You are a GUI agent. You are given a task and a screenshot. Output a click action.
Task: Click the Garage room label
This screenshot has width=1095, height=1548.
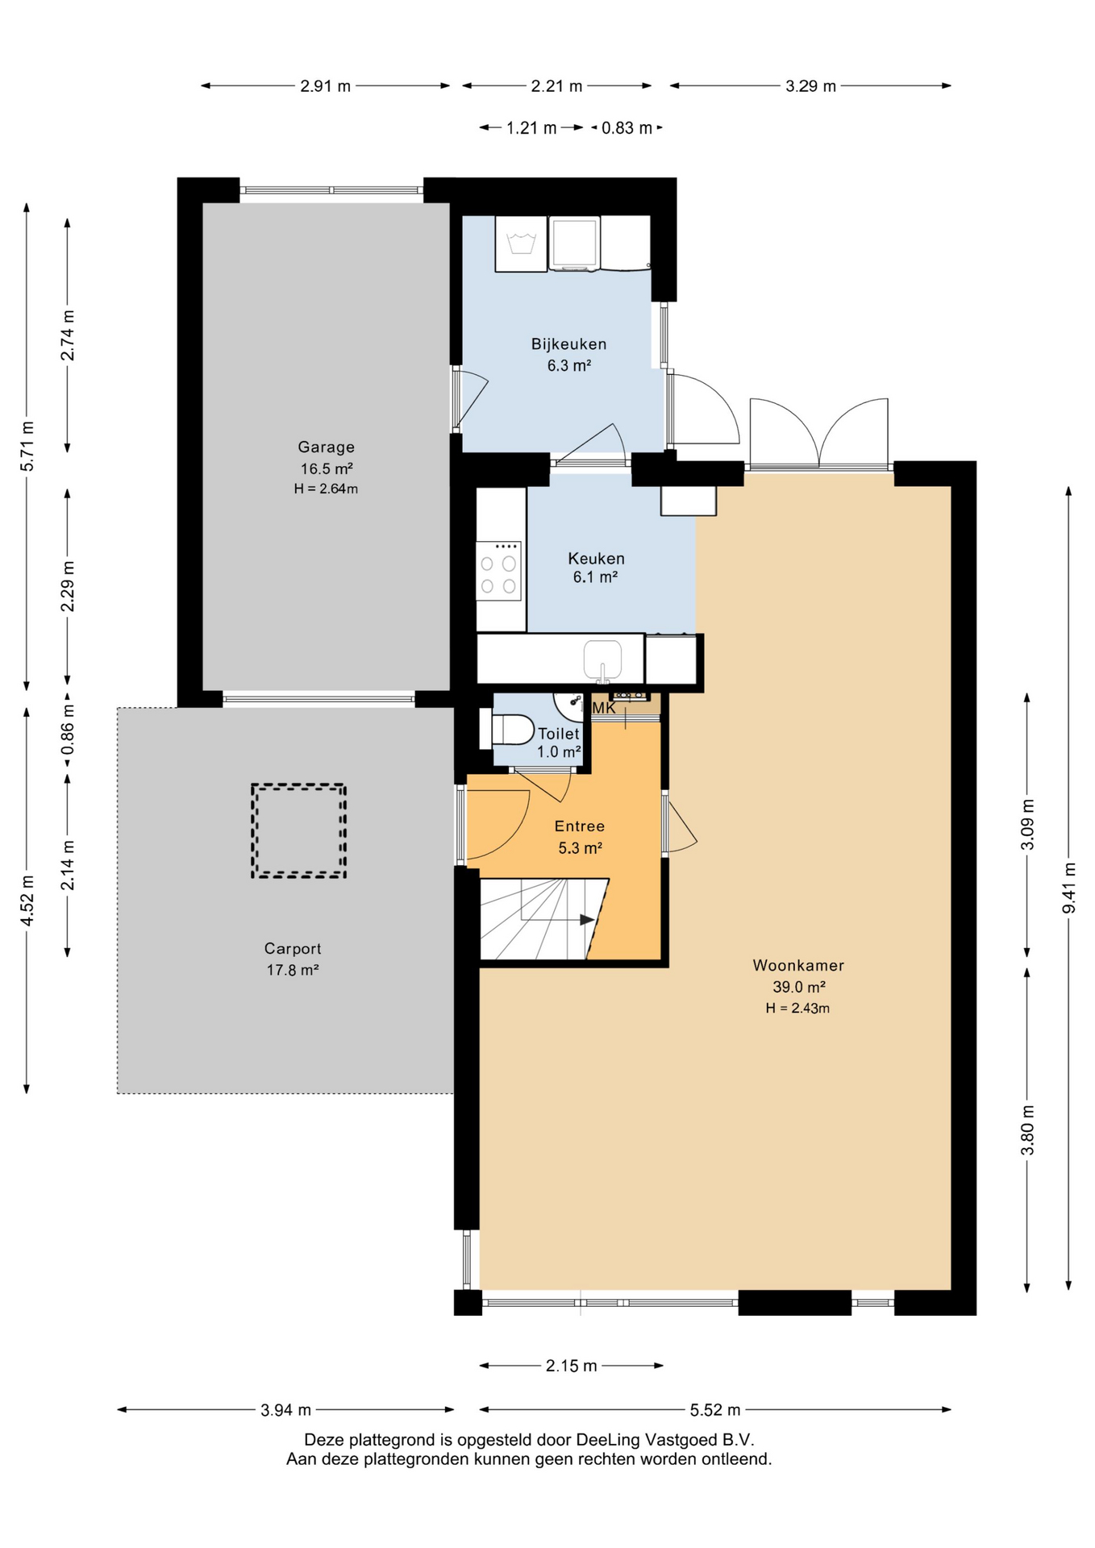point(326,447)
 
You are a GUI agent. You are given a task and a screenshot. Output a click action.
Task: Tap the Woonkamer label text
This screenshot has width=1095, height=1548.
point(798,965)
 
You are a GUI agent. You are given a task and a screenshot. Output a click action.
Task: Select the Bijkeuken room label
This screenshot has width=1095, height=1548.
point(568,344)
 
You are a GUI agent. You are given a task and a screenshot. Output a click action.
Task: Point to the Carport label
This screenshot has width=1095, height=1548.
point(293,949)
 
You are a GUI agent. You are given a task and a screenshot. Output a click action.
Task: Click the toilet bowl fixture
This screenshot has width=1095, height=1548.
point(507,730)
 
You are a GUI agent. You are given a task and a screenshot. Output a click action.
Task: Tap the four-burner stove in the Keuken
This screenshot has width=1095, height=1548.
point(498,571)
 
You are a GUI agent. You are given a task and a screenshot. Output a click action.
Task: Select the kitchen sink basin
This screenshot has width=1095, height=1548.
point(602,659)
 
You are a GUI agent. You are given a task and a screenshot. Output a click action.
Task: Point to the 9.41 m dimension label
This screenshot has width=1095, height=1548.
point(1069,888)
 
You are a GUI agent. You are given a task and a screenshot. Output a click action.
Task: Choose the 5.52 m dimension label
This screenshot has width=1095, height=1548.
point(715,1410)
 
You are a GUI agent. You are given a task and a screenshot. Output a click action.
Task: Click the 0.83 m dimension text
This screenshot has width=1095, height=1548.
point(627,128)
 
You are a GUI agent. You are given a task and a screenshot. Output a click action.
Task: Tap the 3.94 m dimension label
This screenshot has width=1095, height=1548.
point(285,1410)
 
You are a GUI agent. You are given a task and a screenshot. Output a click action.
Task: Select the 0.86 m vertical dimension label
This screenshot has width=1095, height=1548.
point(68,730)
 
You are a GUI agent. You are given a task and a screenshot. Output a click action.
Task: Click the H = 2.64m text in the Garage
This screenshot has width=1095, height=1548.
point(326,489)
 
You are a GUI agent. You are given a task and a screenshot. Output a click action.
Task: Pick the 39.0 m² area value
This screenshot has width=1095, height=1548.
point(798,987)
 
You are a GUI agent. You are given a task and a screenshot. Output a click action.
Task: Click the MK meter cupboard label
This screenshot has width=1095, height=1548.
point(604,708)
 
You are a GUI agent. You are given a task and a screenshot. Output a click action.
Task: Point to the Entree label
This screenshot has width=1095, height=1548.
point(579,826)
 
